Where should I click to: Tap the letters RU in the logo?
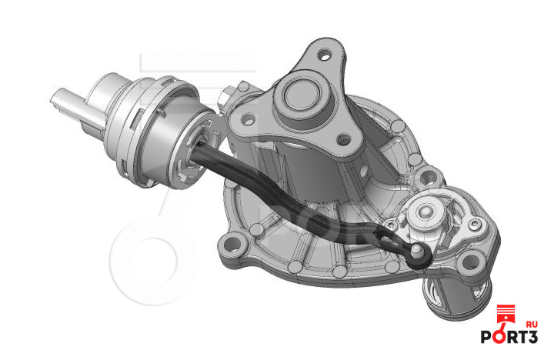coord(532,325)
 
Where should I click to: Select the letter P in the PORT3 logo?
coord(486,337)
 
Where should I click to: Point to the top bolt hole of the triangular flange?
coord(325,55)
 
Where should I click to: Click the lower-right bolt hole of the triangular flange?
coord(343,140)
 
